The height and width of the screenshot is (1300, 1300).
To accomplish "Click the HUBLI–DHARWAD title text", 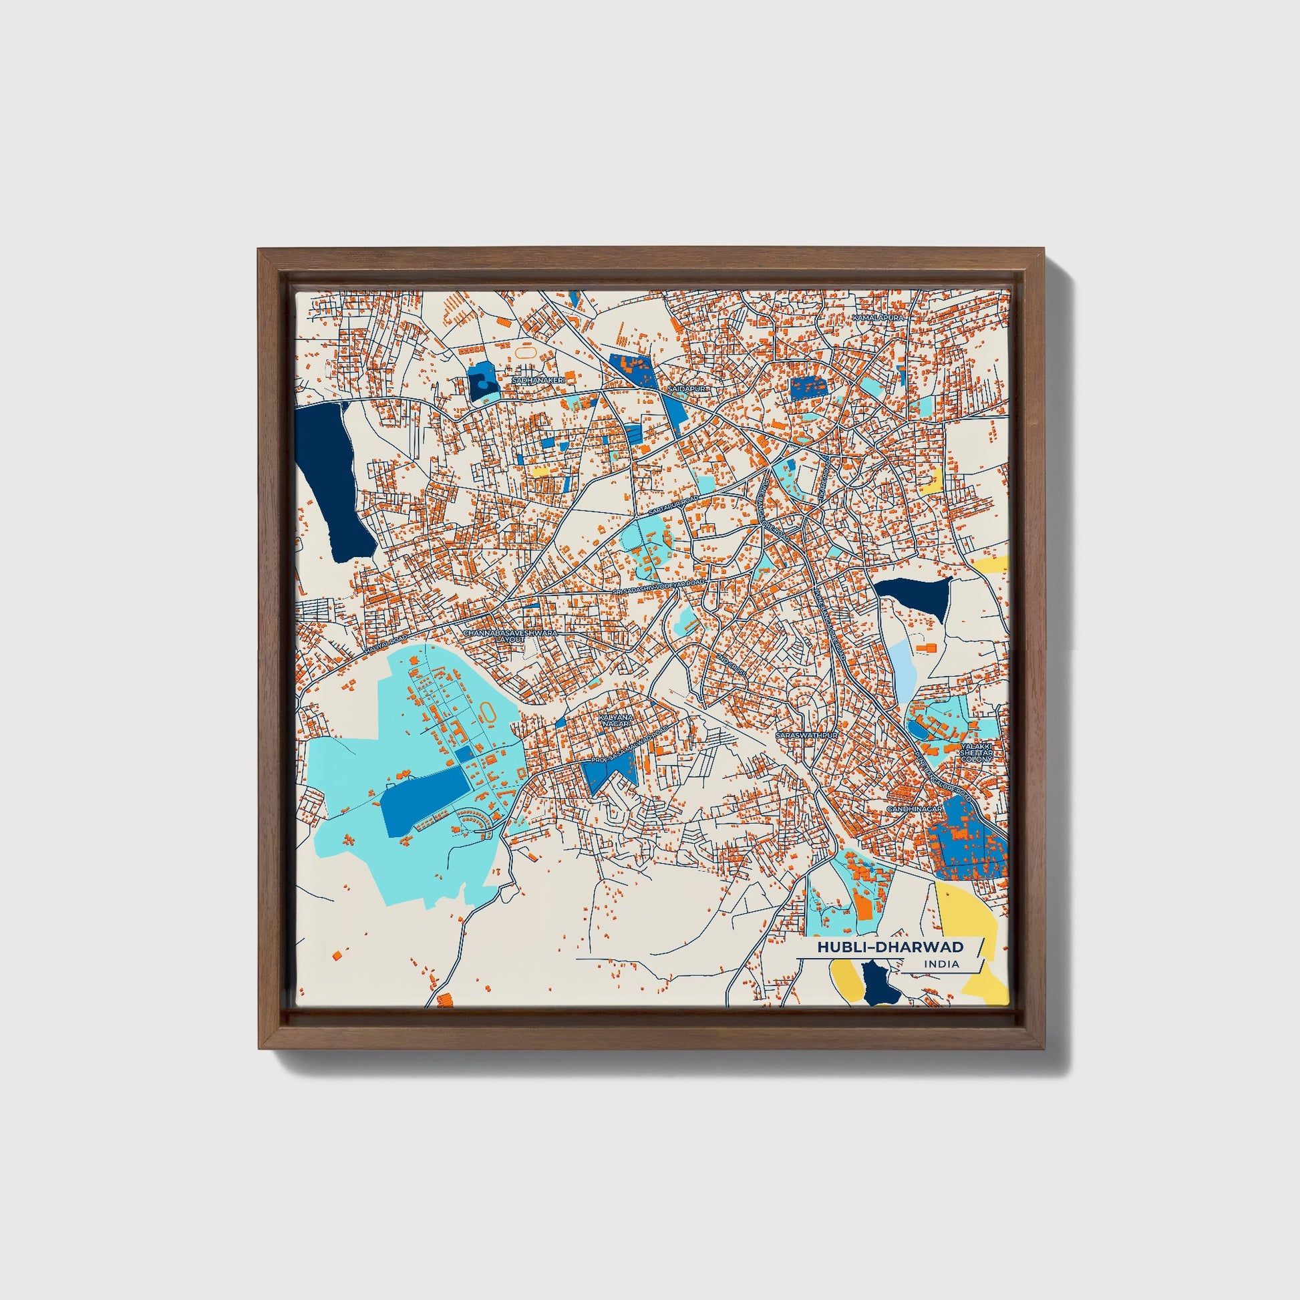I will tap(890, 947).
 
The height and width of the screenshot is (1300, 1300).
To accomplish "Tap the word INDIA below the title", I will tap(942, 964).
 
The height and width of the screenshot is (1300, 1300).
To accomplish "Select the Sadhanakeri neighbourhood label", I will tap(538, 380).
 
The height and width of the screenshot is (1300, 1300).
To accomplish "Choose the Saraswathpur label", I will tap(807, 736).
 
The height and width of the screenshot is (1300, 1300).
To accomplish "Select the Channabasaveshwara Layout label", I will tap(510, 636).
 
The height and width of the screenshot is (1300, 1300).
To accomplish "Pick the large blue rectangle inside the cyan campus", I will tap(426, 800).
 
